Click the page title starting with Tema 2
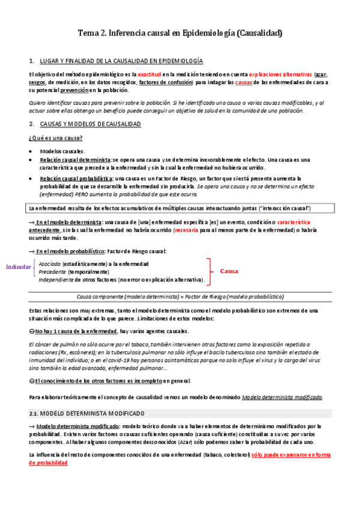pos(180,34)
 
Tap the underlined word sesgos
pos(37,82)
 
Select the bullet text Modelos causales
pos(63,151)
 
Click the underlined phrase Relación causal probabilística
pos(76,179)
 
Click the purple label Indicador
pos(19,266)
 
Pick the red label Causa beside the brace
pos(229,271)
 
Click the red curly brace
pos(209,271)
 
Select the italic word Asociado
pos(49,263)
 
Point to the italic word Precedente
pos(52,271)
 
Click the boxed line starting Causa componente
pos(180,296)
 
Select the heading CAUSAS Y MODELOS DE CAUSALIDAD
pos(90,124)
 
